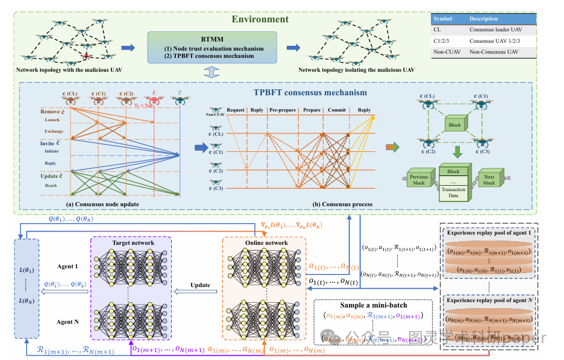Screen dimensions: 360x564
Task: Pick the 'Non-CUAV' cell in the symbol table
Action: (x=446, y=52)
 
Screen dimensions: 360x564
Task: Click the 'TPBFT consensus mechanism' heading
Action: (x=310, y=93)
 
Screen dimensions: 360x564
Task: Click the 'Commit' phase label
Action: (x=337, y=111)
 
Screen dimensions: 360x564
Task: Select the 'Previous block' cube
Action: (x=419, y=179)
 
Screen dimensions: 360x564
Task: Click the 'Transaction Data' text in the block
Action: (x=453, y=193)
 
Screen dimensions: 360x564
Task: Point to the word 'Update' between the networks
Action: (x=201, y=285)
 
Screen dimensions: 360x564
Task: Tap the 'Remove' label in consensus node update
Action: (x=51, y=112)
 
